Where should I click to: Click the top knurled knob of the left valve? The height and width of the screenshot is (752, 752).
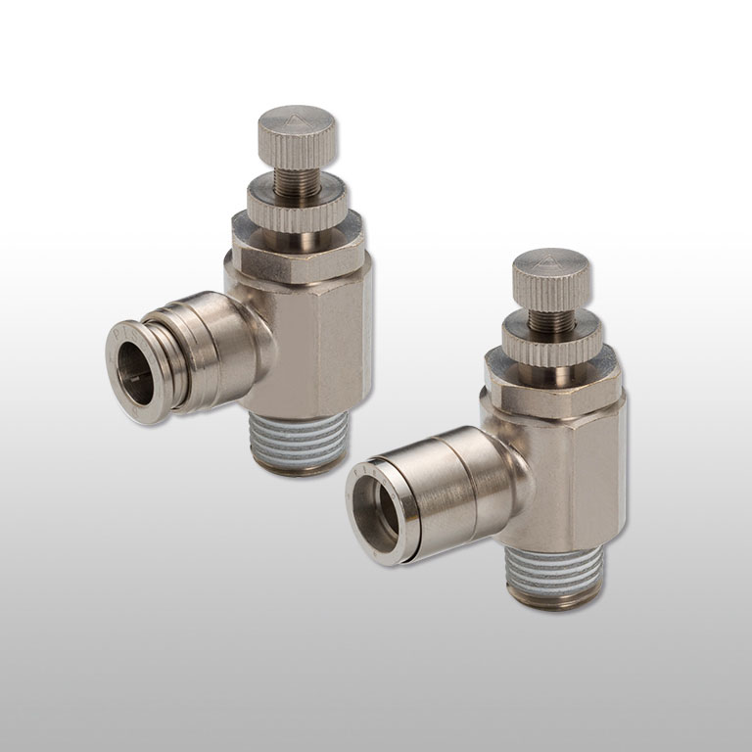[x=297, y=138]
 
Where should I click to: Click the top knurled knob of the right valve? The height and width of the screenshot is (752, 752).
[x=551, y=278]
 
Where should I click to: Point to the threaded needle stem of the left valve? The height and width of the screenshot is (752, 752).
[x=292, y=177]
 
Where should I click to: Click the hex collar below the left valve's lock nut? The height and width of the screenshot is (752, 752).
[x=300, y=245]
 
